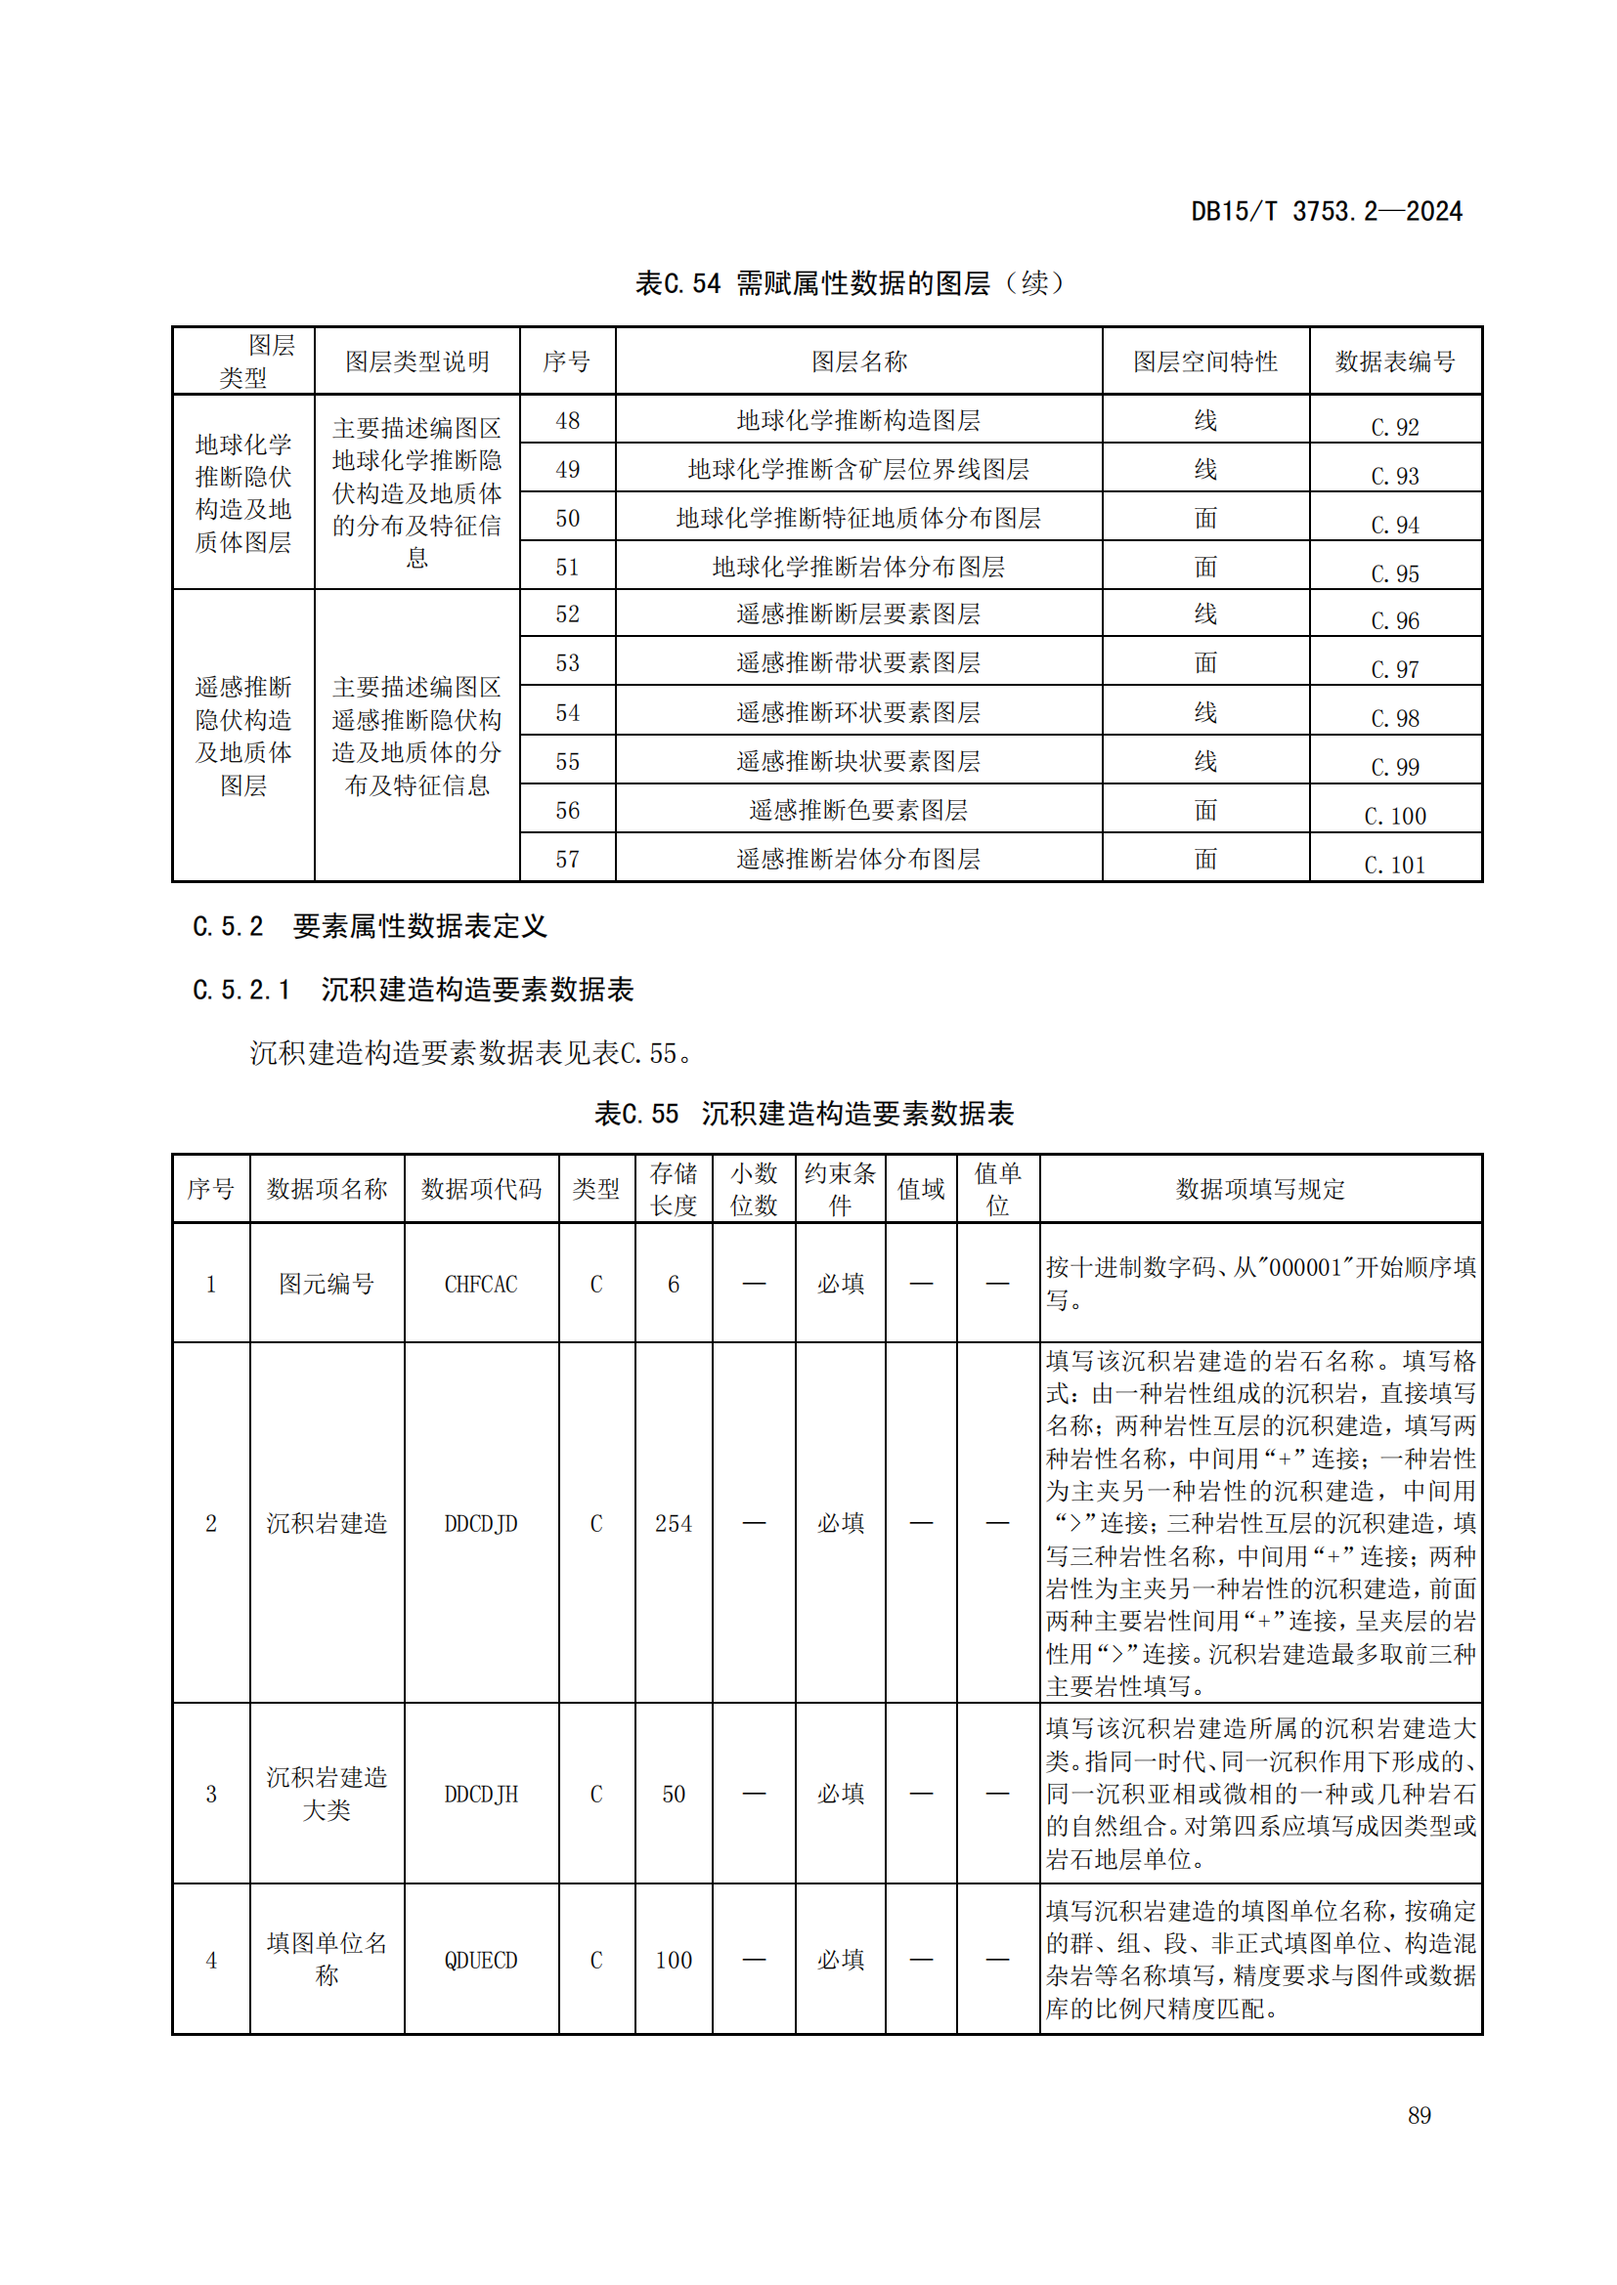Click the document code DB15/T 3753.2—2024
click(1326, 211)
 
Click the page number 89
click(1419, 2115)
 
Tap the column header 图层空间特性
click(1204, 361)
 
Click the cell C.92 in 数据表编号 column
click(1394, 426)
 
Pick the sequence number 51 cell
click(568, 567)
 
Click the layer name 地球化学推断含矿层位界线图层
click(858, 469)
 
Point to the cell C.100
click(1394, 816)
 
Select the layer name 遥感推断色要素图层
click(858, 810)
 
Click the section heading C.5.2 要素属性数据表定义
click(370, 926)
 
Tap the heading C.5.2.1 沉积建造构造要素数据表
click(413, 990)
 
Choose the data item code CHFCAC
click(481, 1284)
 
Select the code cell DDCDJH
click(481, 1794)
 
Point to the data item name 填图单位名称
click(327, 1959)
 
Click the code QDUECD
click(481, 1960)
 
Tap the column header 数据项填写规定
click(1259, 1188)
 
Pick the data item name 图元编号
click(327, 1284)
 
